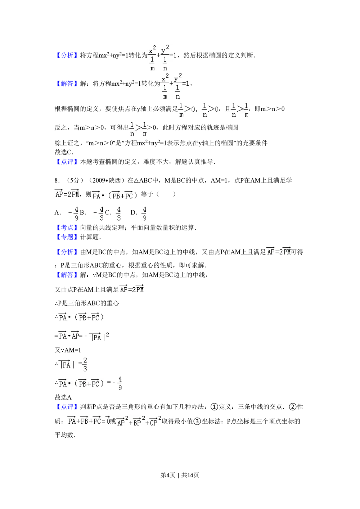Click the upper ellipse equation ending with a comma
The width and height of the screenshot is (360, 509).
tap(163, 58)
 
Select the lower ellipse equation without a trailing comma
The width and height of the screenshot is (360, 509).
tap(174, 86)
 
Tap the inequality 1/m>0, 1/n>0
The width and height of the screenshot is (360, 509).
tap(197, 109)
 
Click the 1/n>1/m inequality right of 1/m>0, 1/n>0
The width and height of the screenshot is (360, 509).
tap(240, 109)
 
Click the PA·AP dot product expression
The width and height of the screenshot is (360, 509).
tap(69, 335)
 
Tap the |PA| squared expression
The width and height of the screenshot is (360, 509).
tap(98, 337)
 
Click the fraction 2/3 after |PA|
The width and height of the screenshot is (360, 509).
tap(85, 364)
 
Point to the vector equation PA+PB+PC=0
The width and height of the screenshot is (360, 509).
tap(89, 420)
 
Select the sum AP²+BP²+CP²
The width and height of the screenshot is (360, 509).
tap(139, 422)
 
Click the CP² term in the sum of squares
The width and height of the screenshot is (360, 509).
tap(156, 422)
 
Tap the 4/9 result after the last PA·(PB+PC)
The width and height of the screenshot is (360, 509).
tap(120, 383)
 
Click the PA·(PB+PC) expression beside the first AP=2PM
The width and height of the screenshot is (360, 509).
tap(115, 195)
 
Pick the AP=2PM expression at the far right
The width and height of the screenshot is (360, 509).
tap(278, 251)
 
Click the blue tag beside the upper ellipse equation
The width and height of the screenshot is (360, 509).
tap(67, 56)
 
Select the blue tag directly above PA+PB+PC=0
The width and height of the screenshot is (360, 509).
tap(67, 407)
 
